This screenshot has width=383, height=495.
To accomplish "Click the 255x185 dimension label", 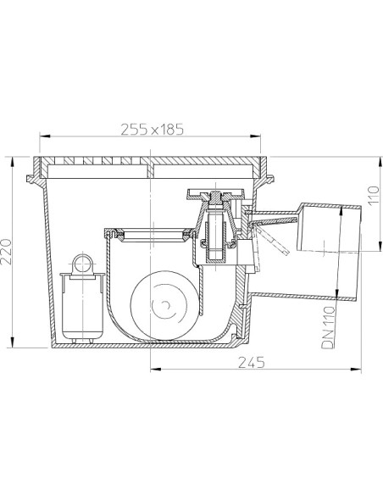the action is tap(152, 129).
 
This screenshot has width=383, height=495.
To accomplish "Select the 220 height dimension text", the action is tap(6, 252).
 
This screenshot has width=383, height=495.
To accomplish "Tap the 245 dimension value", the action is tap(252, 363).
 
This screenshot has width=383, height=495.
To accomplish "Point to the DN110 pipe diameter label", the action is tap(328, 327).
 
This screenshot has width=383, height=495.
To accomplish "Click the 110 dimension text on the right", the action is tap(373, 196).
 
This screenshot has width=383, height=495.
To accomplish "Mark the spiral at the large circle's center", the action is tap(164, 306).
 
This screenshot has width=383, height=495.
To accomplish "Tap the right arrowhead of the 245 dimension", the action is tap(356, 369).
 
